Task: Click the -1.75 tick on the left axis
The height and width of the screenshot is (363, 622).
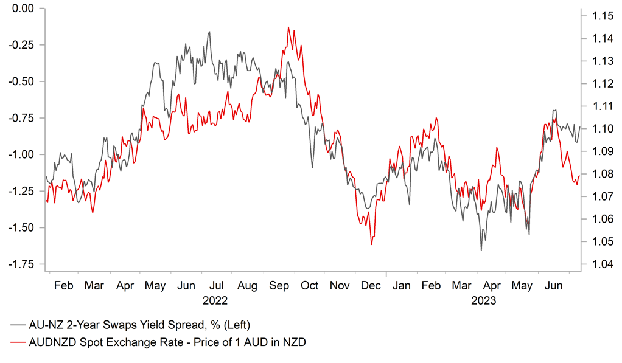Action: coord(22,264)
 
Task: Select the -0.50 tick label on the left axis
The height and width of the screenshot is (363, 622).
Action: coord(22,81)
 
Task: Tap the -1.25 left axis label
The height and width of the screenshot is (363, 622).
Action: coord(22,191)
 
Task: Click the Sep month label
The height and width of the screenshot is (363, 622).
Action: coord(279,285)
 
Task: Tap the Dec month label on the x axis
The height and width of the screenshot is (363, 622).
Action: coord(371,285)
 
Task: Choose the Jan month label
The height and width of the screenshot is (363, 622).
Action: coord(402,285)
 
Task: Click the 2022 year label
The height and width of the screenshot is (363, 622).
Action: coord(215,300)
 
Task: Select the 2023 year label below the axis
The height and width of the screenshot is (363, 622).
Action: coord(484,300)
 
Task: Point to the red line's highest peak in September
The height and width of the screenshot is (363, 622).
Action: coord(288,27)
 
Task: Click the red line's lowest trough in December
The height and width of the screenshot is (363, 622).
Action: coord(371,244)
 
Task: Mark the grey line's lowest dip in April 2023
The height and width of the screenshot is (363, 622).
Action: coord(481,250)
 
